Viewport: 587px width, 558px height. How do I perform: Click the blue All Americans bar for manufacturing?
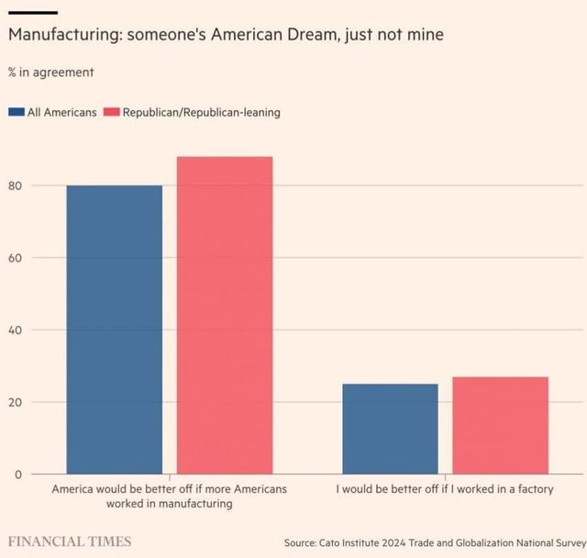114,329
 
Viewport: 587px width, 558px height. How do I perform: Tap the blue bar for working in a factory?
390,429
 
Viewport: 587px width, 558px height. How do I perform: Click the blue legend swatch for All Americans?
17,113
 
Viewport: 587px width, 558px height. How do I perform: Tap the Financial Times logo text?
70,541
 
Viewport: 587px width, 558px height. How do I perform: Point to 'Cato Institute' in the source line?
363,541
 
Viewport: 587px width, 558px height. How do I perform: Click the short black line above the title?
33,12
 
